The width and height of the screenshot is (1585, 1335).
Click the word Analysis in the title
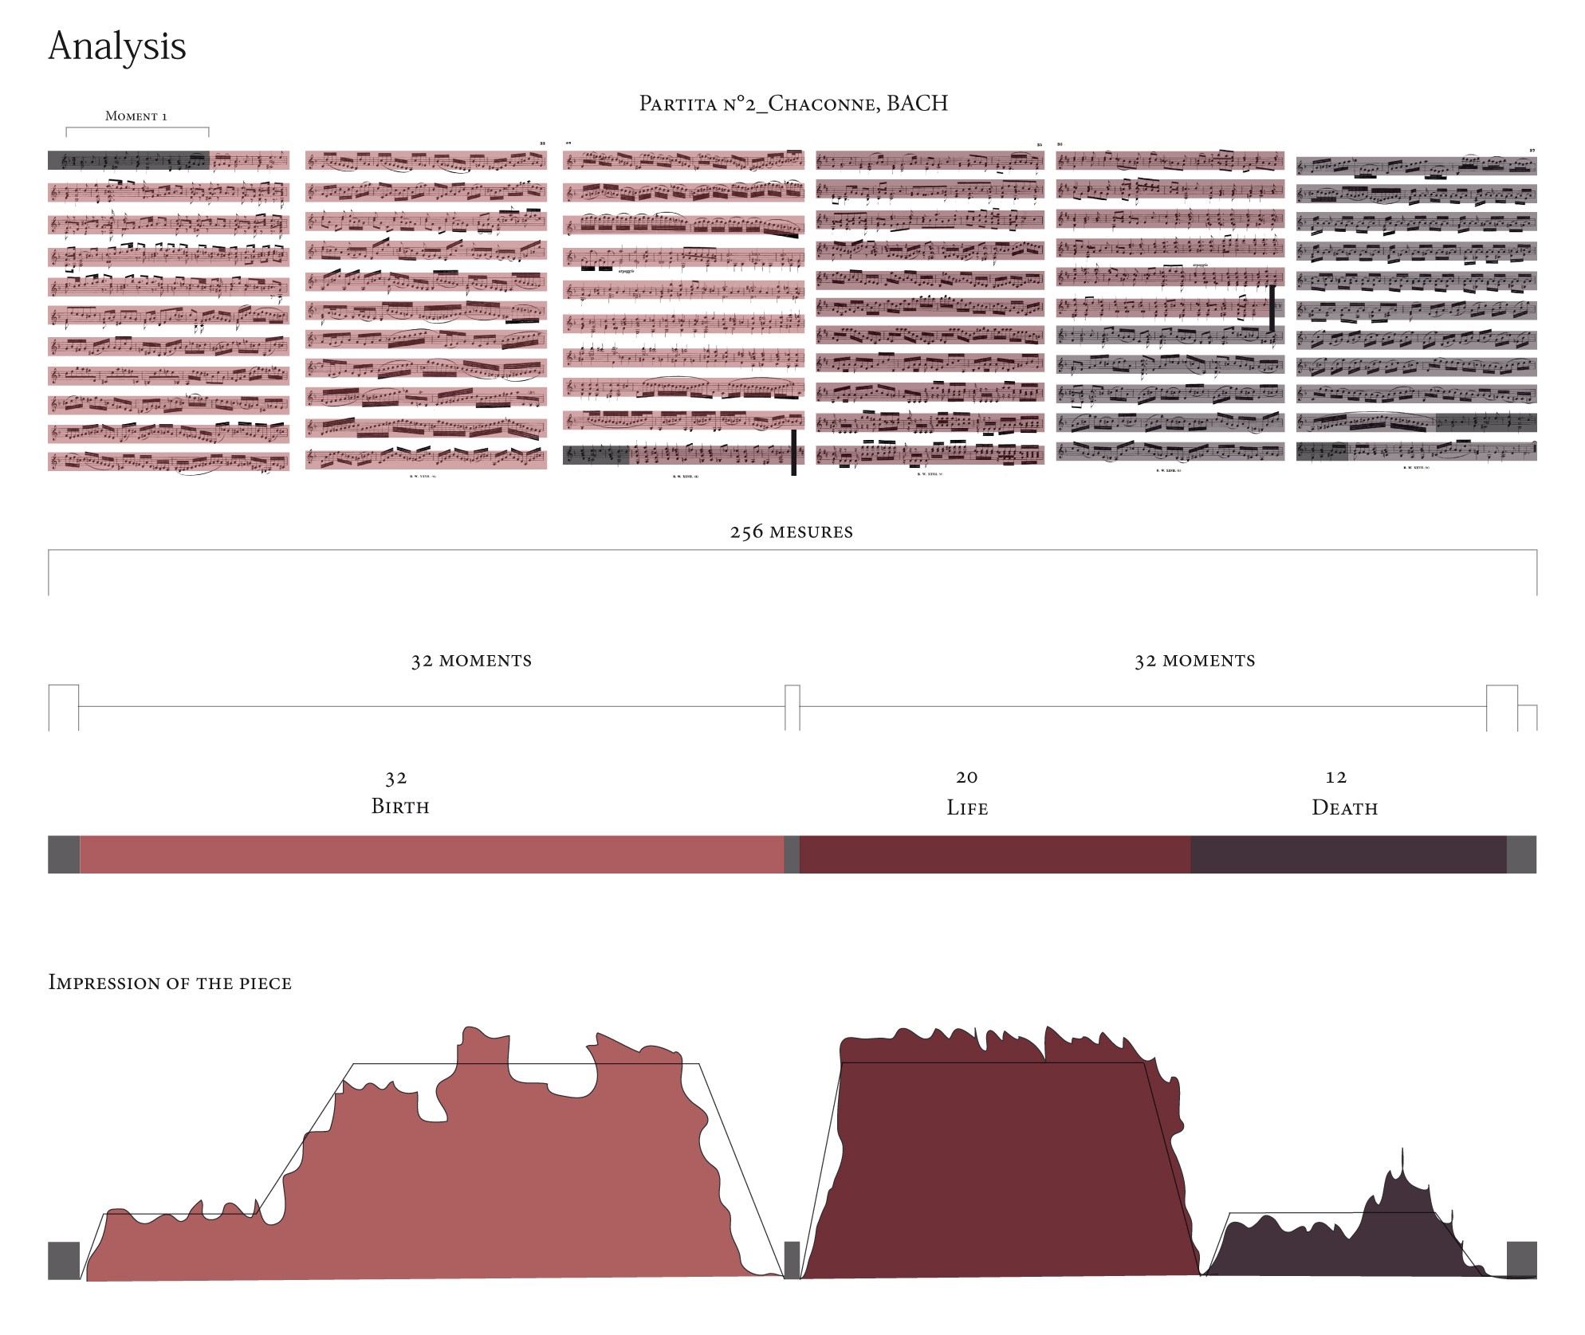(x=117, y=47)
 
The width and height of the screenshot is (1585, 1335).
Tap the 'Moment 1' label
(x=136, y=116)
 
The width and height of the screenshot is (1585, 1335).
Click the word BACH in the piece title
(x=917, y=104)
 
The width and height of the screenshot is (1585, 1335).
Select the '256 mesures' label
(x=791, y=532)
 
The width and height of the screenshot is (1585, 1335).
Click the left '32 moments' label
(x=471, y=661)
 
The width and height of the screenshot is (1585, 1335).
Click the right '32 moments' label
(x=1194, y=661)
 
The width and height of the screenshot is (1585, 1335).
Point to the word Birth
(x=400, y=807)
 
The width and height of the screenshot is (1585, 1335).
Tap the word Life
(x=967, y=808)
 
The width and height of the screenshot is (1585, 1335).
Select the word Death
(x=1344, y=808)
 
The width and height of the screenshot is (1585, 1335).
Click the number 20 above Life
(x=967, y=777)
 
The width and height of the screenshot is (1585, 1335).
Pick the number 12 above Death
(x=1336, y=777)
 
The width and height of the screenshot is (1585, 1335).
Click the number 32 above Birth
(x=396, y=778)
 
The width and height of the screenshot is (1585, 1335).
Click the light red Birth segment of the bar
(x=431, y=854)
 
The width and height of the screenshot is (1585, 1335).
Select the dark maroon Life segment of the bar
(x=994, y=854)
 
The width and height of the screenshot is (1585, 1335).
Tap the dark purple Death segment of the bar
(x=1347, y=854)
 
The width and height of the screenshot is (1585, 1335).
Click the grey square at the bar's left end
(x=64, y=854)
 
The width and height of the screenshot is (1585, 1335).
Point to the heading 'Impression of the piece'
(x=170, y=983)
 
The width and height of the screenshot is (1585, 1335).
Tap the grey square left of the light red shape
(x=64, y=1260)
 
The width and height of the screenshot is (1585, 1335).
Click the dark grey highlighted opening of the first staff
(x=128, y=160)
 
